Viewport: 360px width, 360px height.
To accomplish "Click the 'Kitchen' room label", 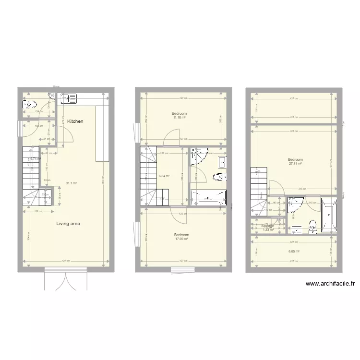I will (x=75, y=121).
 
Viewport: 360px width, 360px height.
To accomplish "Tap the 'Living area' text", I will (x=68, y=223).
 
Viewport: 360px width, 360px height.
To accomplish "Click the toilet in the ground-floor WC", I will (x=30, y=104).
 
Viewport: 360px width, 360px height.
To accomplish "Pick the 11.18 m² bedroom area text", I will (x=180, y=118).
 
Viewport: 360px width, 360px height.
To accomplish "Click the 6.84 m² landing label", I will (x=164, y=176).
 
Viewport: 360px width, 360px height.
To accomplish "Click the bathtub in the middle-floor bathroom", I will (x=208, y=197).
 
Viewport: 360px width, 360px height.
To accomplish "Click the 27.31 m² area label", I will (x=295, y=163).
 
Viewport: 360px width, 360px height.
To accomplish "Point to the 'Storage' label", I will (x=268, y=226).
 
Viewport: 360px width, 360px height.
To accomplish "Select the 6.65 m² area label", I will (x=294, y=251).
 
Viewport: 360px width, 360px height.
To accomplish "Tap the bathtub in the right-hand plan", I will (x=329, y=215).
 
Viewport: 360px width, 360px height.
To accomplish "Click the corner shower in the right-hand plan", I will (x=294, y=205).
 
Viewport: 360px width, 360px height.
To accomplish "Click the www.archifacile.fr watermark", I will (x=330, y=284).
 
